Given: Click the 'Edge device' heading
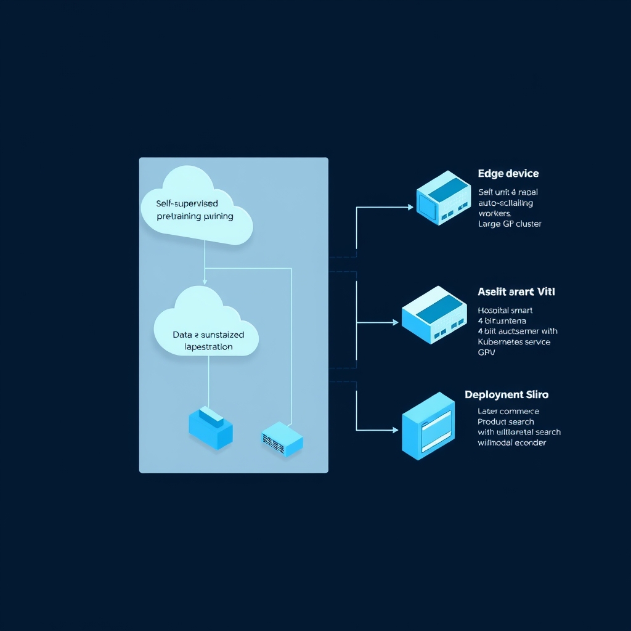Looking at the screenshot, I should coord(508,174).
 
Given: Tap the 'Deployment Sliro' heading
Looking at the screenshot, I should coord(507,394).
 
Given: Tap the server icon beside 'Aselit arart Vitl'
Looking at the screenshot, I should coord(434,314).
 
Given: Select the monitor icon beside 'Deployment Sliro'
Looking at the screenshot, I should coord(428,426).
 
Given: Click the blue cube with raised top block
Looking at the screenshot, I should coord(211,426).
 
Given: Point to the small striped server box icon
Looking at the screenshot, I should coord(282,439).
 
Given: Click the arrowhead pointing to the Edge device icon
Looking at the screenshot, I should coord(410,208).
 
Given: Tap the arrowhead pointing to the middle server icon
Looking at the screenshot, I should coord(396,322).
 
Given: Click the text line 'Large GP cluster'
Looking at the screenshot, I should coord(510,224).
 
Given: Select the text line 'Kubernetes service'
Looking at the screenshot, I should coord(514,341).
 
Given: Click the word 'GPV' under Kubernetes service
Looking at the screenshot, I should coord(487,353).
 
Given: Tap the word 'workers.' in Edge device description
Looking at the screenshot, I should coord(495,213).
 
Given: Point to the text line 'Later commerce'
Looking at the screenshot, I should coord(508,411).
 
